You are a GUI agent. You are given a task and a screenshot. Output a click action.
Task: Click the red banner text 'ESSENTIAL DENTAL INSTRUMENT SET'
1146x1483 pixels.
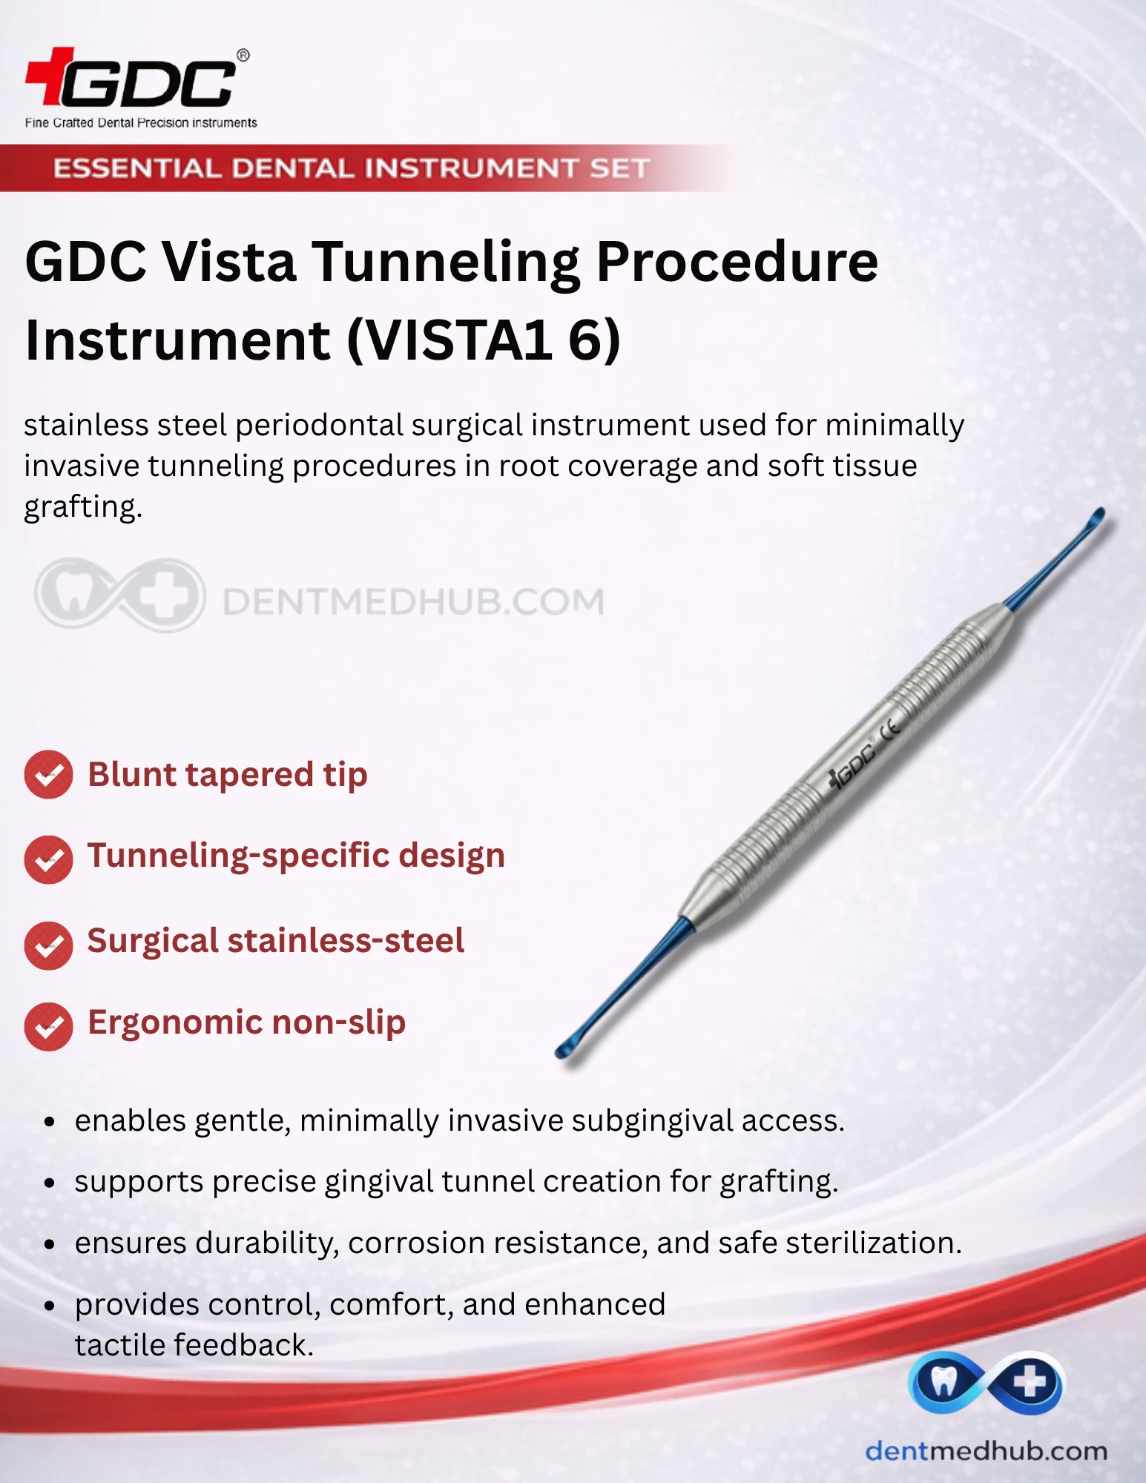352,168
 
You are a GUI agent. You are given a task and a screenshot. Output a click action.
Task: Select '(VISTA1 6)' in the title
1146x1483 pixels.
484,340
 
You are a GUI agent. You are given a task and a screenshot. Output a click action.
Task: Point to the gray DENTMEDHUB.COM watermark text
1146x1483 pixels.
413,601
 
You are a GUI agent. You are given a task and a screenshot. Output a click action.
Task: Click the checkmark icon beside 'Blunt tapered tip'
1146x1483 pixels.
48,775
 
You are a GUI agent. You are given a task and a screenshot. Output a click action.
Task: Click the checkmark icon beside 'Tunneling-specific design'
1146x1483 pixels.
48,859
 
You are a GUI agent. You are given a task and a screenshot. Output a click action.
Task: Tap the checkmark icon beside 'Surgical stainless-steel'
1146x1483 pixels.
48,945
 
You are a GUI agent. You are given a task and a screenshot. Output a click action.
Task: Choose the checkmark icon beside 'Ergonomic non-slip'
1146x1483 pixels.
48,1026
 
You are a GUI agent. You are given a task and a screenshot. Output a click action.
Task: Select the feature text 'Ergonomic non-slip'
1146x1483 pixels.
246,1023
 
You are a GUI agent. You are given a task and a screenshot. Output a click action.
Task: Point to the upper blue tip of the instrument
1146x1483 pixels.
1095,518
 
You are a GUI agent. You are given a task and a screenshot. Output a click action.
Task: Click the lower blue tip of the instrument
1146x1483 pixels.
567,1047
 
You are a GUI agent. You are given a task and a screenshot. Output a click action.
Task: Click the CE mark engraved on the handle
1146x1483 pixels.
891,728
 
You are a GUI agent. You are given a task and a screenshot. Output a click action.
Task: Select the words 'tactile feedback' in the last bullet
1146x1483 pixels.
194,1345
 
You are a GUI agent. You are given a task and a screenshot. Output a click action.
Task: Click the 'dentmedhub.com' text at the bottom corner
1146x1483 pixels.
986,1451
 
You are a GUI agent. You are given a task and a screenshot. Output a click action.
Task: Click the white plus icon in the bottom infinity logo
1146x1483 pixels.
1030,1382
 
